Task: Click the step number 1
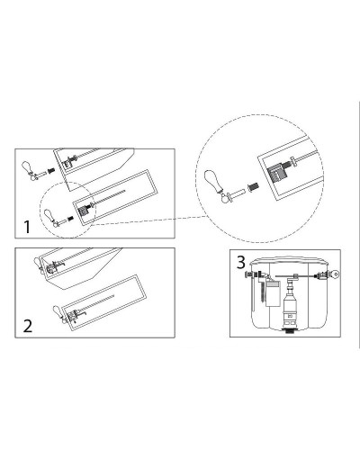pyautogui.click(x=27, y=227)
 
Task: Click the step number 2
pyautogui.click(x=28, y=326)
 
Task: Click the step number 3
pyautogui.click(x=241, y=263)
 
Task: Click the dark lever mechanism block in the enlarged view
pyautogui.click(x=275, y=174)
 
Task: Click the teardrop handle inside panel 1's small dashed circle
pyautogui.click(x=49, y=215)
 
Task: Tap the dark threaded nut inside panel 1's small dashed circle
pyautogui.click(x=70, y=218)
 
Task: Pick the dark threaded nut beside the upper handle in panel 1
pyautogui.click(x=50, y=171)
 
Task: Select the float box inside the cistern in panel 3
pyautogui.click(x=273, y=294)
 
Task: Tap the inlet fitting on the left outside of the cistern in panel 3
pyautogui.click(x=248, y=274)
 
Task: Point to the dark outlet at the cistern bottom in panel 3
pyautogui.click(x=290, y=331)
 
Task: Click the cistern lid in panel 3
pyautogui.click(x=290, y=260)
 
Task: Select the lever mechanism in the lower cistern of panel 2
pyautogui.click(x=76, y=316)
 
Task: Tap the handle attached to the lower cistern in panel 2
pyautogui.click(x=59, y=314)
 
